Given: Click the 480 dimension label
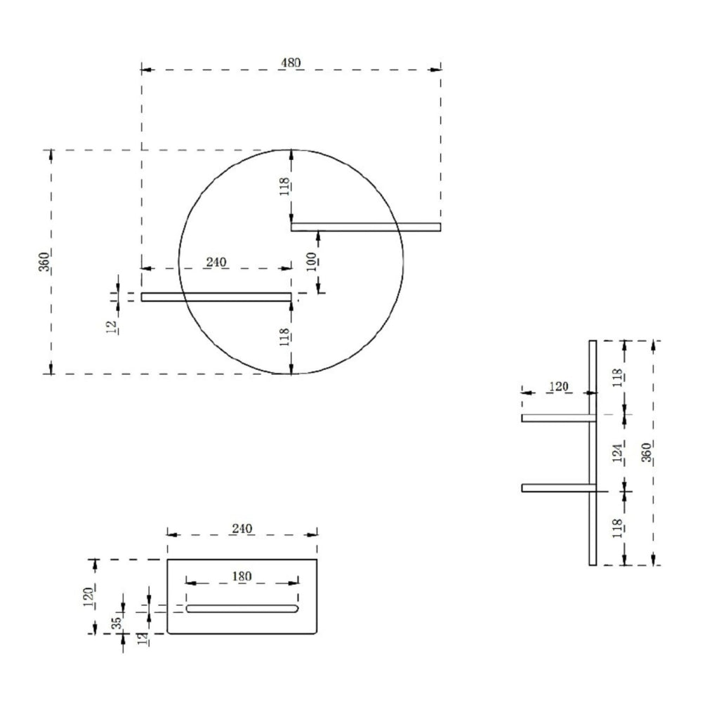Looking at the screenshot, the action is click(291, 62).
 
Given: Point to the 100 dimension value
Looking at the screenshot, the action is click(312, 262).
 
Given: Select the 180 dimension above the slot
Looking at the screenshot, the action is click(242, 576).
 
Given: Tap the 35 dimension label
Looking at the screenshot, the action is click(117, 622).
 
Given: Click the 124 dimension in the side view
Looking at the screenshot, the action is click(618, 453).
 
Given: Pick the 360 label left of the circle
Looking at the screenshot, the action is click(44, 262).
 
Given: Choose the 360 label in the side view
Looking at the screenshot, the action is click(646, 453).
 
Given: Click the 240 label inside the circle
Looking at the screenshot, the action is click(216, 263).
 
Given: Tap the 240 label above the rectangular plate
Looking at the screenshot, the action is click(242, 529).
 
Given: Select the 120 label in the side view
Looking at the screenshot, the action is click(558, 387).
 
